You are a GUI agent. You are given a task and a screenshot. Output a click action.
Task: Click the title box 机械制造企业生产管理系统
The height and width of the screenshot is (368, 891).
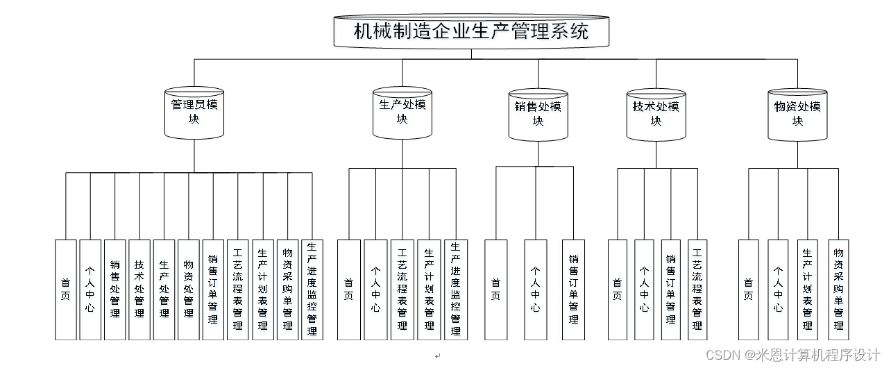[x=471, y=32]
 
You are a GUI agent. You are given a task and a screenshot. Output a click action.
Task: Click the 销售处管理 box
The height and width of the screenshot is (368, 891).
[x=114, y=290]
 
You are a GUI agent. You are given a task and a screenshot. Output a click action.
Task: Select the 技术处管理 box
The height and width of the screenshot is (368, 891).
[x=139, y=290]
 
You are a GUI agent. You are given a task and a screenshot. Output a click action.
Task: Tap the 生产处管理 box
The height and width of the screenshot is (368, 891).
[x=164, y=290]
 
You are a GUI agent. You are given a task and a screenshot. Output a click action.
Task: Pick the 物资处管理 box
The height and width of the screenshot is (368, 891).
[x=188, y=290]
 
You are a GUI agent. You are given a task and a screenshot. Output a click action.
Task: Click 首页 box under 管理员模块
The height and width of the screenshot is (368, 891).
[x=65, y=290]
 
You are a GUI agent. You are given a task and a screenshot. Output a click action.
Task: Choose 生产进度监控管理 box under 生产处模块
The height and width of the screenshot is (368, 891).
[x=455, y=290]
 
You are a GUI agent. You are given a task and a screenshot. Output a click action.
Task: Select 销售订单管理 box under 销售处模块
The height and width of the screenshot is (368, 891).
[x=573, y=290]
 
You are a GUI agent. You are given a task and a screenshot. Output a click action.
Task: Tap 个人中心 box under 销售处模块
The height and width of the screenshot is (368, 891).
[x=535, y=290]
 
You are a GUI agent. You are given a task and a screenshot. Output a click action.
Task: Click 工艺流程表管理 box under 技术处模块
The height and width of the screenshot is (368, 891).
[x=697, y=290]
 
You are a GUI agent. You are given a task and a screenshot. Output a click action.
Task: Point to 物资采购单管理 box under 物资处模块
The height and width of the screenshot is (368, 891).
[x=838, y=290]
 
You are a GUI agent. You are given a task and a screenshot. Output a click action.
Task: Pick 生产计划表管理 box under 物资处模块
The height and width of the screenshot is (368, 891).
[x=808, y=290]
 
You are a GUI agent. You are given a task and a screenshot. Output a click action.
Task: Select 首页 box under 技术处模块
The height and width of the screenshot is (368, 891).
[x=617, y=290]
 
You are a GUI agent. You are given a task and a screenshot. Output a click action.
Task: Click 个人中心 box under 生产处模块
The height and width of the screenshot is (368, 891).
[x=375, y=290]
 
